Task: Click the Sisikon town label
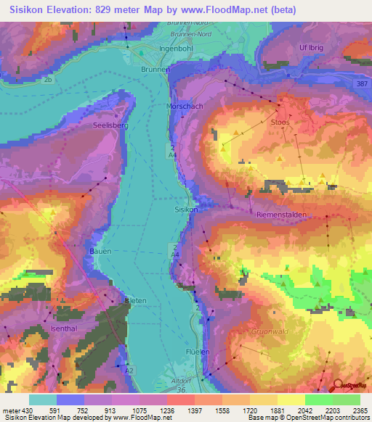pos(186,209)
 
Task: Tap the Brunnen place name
pos(155,70)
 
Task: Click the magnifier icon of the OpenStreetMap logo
pos(339,386)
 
